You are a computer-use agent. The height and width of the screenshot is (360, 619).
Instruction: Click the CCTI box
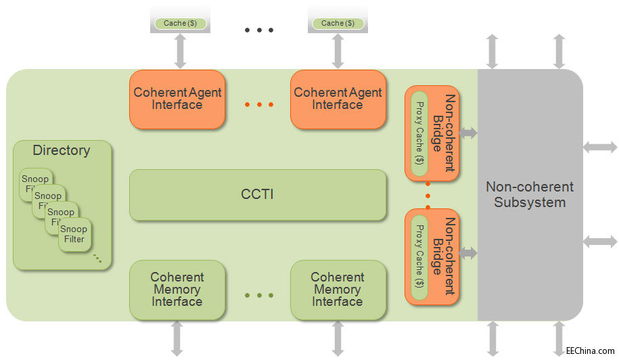pyautogui.click(x=258, y=195)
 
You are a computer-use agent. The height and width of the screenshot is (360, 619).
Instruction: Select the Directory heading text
pyautogui.click(x=62, y=150)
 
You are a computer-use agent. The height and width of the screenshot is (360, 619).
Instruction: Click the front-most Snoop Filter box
pyautogui.click(x=74, y=234)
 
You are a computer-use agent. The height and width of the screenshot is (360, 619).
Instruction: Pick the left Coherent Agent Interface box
pyautogui.click(x=177, y=99)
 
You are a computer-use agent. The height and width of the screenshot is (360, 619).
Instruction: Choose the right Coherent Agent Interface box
pyautogui.click(x=338, y=99)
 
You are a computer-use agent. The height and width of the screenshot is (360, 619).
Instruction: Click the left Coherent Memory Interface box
pyautogui.click(x=177, y=290)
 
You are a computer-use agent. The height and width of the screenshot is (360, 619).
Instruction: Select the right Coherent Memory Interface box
pyautogui.click(x=338, y=290)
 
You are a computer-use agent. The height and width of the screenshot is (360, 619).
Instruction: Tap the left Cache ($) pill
pyautogui.click(x=179, y=23)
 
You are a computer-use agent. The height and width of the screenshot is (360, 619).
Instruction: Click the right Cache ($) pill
pyautogui.click(x=338, y=23)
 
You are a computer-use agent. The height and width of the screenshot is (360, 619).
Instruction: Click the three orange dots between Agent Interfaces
pyautogui.click(x=259, y=105)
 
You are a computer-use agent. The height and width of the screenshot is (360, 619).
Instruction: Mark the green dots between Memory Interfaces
pyautogui.click(x=259, y=296)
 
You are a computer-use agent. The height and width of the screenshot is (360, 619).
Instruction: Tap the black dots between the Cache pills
pyautogui.click(x=259, y=30)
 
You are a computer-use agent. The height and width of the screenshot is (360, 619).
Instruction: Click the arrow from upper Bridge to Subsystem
pyautogui.click(x=468, y=133)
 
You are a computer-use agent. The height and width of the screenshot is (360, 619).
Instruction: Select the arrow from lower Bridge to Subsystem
pyautogui.click(x=468, y=253)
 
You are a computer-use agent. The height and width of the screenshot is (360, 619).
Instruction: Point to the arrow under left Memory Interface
pyautogui.click(x=177, y=338)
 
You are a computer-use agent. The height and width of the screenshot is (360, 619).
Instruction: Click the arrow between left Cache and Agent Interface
pyautogui.click(x=180, y=51)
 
